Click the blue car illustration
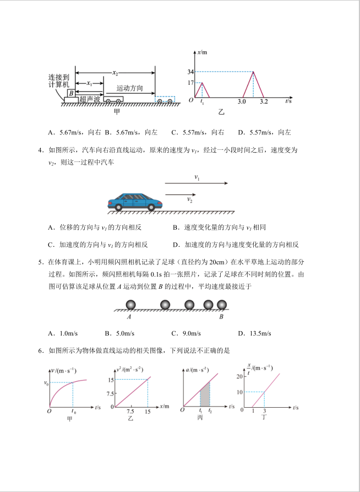click(x=135, y=202)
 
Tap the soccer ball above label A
click(x=131, y=305)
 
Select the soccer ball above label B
click(x=221, y=305)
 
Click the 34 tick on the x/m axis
click(x=190, y=72)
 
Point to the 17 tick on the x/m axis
click(x=190, y=83)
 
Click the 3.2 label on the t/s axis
click(x=264, y=102)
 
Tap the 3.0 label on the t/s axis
click(x=242, y=102)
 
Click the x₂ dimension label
click(x=115, y=72)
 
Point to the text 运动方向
click(x=130, y=88)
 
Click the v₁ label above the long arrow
click(x=197, y=177)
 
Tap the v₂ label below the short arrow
click(x=189, y=199)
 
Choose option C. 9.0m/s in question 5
click(x=184, y=333)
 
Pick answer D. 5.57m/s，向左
click(x=264, y=132)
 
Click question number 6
click(x=41, y=350)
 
